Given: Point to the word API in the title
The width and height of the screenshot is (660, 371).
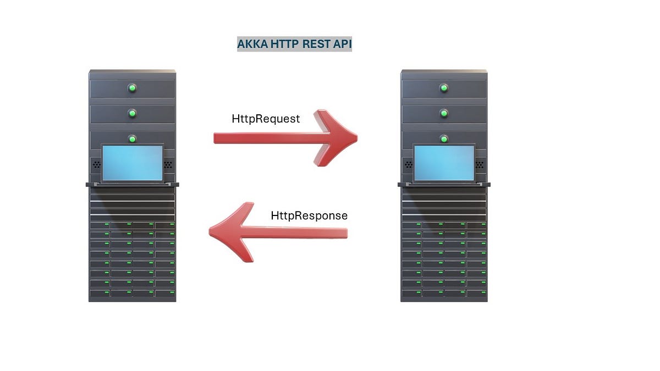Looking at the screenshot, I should click(x=342, y=45).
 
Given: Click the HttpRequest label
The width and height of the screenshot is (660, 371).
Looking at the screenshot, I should click(x=266, y=119).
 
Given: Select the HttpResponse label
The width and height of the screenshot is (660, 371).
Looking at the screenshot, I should click(x=309, y=215).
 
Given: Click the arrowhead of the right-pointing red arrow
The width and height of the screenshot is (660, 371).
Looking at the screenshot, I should click(x=335, y=138).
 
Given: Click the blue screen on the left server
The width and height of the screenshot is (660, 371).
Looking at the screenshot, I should click(x=133, y=163).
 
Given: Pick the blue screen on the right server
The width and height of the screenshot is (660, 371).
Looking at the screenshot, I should click(x=444, y=163).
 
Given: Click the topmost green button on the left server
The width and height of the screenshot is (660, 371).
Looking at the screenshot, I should click(x=132, y=88).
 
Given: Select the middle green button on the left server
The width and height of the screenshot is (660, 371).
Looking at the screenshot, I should click(x=132, y=113).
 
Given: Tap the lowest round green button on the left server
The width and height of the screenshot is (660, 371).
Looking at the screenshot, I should click(x=132, y=139).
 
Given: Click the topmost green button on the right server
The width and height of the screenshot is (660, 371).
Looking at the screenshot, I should click(x=444, y=88).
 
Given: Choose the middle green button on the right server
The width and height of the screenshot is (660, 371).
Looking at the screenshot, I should click(x=444, y=113).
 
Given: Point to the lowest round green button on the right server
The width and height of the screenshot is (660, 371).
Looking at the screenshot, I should click(x=444, y=139).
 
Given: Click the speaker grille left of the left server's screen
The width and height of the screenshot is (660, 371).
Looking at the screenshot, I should click(x=96, y=164).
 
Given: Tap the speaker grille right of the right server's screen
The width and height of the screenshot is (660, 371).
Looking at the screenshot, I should click(x=480, y=164).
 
